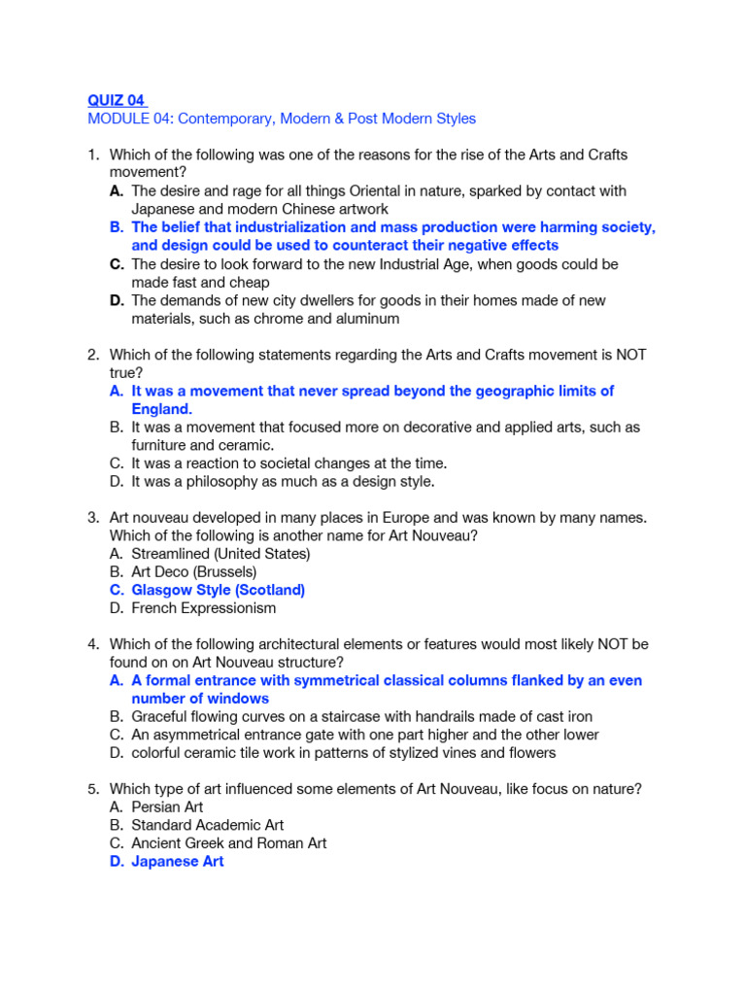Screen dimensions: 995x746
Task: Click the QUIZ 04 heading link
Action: coord(116,100)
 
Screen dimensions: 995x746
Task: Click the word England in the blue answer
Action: coord(161,409)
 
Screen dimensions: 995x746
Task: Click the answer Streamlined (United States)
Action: coord(220,554)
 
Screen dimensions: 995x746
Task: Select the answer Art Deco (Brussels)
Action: coord(194,571)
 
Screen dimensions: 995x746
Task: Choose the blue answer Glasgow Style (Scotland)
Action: coord(218,590)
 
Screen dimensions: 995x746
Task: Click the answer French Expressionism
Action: coord(204,608)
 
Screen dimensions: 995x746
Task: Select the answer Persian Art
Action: coord(167,806)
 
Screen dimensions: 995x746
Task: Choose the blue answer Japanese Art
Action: coord(177,862)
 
